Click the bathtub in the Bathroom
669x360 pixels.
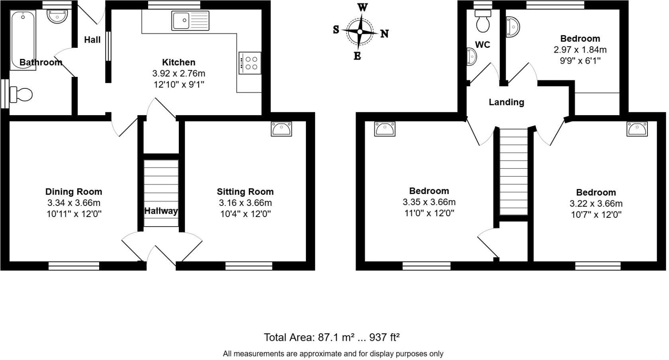pyautogui.click(x=23, y=40)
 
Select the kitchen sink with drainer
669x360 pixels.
pyautogui.click(x=190, y=21)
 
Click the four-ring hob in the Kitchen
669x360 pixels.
pyautogui.click(x=250, y=63)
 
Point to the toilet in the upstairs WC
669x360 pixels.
pyautogui.click(x=483, y=22)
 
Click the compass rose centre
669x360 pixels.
pyautogui.click(x=360, y=32)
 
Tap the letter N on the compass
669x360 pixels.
pyautogui.click(x=384, y=34)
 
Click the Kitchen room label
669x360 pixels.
pyautogui.click(x=179, y=62)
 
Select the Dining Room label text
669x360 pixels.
pyautogui.click(x=74, y=192)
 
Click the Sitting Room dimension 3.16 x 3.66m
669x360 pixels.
pyautogui.click(x=245, y=203)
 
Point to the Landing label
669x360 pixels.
pyautogui.click(x=506, y=102)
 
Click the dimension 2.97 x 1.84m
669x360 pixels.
pyautogui.click(x=580, y=50)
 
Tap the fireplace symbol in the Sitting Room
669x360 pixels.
pyautogui.click(x=282, y=129)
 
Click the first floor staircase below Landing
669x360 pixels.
pyautogui.click(x=514, y=171)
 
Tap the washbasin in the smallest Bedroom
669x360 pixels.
pyautogui.click(x=513, y=27)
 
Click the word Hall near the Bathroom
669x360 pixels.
pyautogui.click(x=92, y=40)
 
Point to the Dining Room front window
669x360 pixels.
pyautogui.click(x=74, y=266)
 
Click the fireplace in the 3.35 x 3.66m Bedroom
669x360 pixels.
pyautogui.click(x=385, y=129)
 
